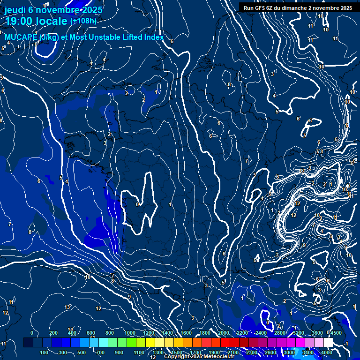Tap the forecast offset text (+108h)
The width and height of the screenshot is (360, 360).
coord(83,21)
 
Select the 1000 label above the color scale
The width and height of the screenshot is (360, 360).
coord(129,333)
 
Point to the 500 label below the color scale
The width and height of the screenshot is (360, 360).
coord(82,352)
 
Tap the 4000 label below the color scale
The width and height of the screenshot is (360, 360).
coord(327,352)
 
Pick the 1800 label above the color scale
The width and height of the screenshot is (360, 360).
coord(205,333)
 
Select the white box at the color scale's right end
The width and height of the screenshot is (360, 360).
coord(328,343)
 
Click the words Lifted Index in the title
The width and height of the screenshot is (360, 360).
coord(141,37)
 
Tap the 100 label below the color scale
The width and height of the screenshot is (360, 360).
coord(45,352)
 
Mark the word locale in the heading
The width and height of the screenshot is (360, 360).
coord(52,21)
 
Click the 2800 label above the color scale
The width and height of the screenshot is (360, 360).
coord(280,333)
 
